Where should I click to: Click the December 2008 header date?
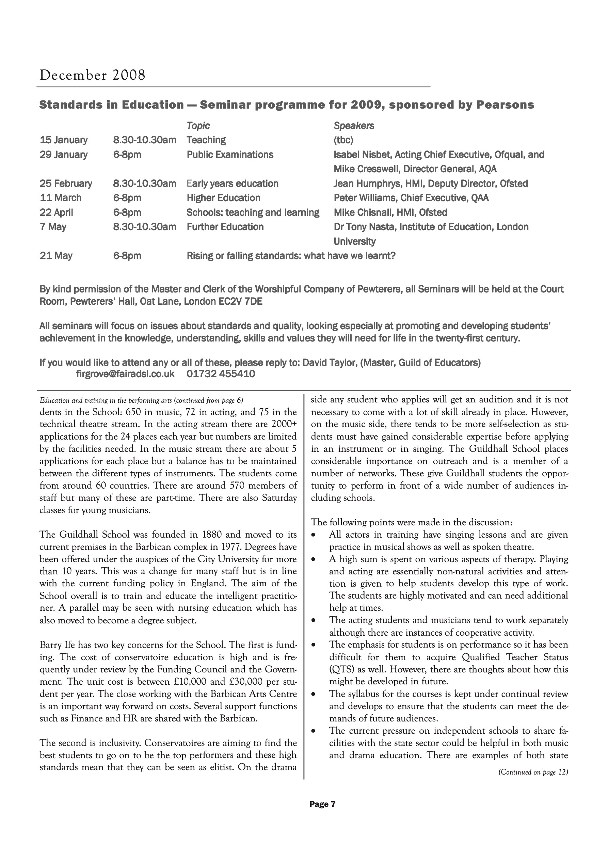point(92,75)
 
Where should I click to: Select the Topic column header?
point(198,126)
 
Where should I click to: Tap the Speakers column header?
point(354,126)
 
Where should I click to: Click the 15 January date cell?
point(63,140)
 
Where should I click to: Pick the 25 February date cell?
point(66,184)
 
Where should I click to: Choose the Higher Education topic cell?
point(223,198)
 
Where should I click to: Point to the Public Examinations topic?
point(230,155)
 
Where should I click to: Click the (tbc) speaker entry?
point(343,140)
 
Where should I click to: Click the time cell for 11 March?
point(127,198)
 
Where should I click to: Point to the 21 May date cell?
point(56,256)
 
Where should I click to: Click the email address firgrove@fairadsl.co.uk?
point(125,374)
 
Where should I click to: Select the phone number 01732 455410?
point(221,374)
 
